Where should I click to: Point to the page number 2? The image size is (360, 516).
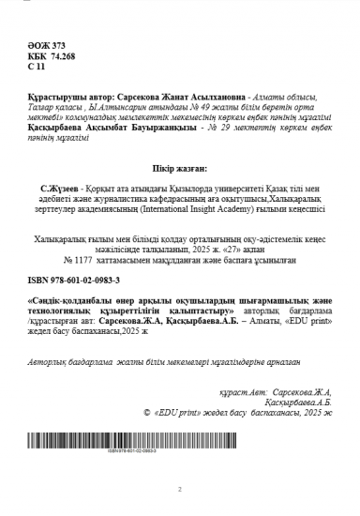click(x=179, y=489)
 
